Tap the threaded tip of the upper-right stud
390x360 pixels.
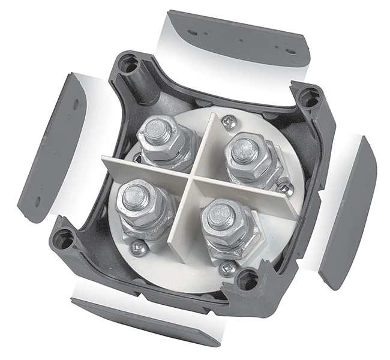[x=245, y=148]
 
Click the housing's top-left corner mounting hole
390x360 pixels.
[x=128, y=64]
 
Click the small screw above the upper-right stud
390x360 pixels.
[x=227, y=121]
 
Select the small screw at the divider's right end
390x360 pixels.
[x=287, y=190]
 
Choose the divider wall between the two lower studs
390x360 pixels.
[x=180, y=222]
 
